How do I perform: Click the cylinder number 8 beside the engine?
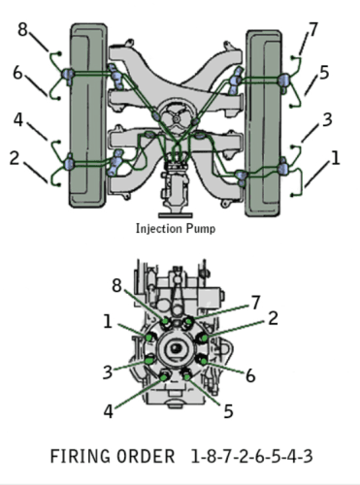click(x=22, y=29)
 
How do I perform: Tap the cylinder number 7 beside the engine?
click(x=313, y=29)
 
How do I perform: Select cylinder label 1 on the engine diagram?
click(x=336, y=158)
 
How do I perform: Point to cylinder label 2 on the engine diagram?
click(x=15, y=158)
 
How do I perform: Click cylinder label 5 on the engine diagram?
click(x=324, y=72)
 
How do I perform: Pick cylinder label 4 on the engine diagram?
click(x=18, y=119)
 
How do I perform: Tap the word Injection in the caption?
click(x=156, y=229)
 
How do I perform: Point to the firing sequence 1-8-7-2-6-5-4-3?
click(x=251, y=457)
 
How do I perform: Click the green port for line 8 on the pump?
click(x=165, y=321)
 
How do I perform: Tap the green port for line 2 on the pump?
click(x=205, y=339)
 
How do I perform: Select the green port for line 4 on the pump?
click(x=164, y=377)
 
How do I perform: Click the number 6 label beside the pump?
click(x=250, y=375)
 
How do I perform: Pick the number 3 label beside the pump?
click(x=108, y=372)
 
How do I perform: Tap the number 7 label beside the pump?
click(x=256, y=303)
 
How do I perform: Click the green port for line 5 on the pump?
click(x=187, y=376)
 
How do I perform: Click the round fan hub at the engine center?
click(x=177, y=119)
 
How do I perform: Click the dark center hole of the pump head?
click(x=177, y=348)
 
